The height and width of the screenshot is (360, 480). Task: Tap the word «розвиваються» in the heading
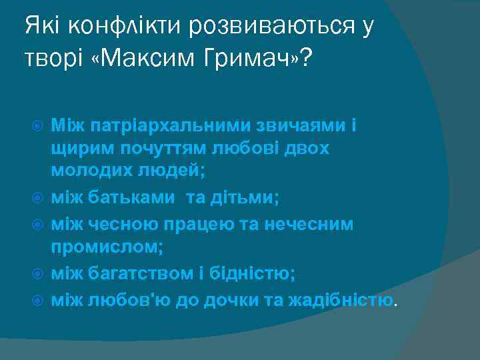(271, 27)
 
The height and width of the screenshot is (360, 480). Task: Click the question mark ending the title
(306, 59)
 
